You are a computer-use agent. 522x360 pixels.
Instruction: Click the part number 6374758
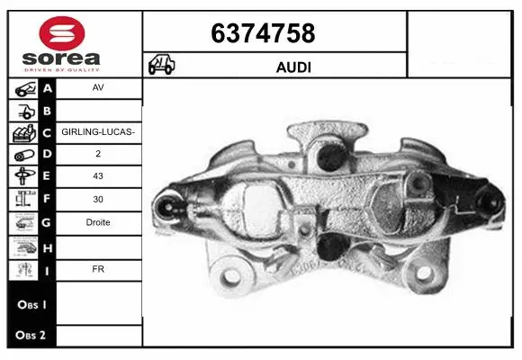click(x=263, y=33)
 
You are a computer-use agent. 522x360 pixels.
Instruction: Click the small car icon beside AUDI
click(x=162, y=66)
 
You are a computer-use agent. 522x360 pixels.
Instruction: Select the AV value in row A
click(x=98, y=89)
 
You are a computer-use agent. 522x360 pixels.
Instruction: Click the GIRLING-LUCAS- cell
click(x=98, y=132)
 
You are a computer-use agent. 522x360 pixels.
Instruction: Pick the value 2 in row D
click(x=98, y=154)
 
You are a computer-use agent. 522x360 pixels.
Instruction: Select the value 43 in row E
click(x=98, y=176)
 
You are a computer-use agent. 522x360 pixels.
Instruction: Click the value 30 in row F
click(x=98, y=200)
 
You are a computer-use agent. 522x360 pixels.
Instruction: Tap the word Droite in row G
click(x=98, y=222)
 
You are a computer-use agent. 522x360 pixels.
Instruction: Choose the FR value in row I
click(x=98, y=268)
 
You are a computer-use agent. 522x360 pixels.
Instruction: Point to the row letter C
click(x=47, y=132)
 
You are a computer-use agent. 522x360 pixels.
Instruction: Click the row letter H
click(x=47, y=246)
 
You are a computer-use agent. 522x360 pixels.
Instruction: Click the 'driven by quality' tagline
click(x=61, y=68)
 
